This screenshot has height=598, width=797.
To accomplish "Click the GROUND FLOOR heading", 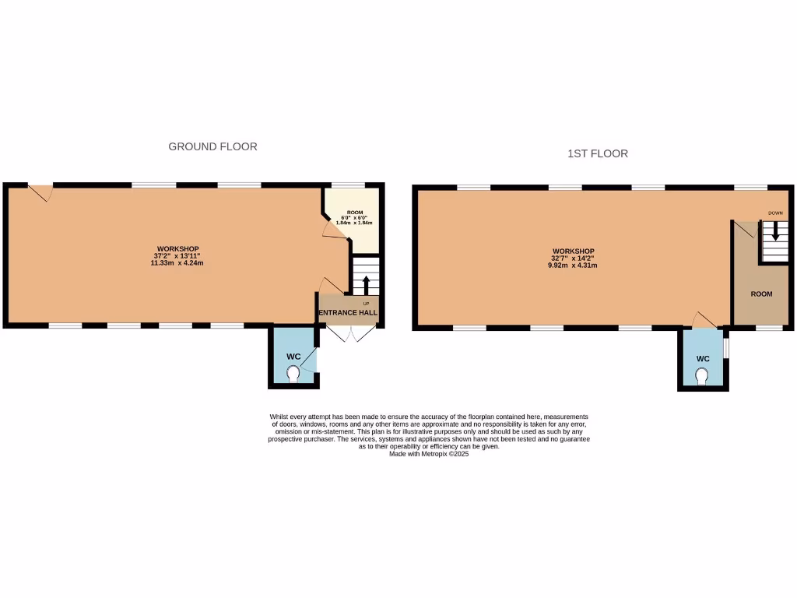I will point(212,146).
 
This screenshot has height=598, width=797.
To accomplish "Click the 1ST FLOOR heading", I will point(598,153).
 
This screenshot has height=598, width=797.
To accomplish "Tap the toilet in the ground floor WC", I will point(293,375).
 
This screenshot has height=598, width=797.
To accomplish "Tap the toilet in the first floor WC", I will point(703,377).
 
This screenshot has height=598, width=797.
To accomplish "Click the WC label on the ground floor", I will point(293,357).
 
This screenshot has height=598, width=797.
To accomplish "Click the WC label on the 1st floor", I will point(703,359).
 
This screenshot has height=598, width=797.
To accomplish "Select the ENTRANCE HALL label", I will point(348,313).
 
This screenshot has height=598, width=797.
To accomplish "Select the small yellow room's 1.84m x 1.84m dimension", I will point(354,223).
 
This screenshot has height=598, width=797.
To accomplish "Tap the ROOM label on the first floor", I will point(761,294).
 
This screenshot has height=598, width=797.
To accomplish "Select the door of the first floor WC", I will point(705,320).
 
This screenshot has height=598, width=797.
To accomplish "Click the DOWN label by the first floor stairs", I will point(775,213).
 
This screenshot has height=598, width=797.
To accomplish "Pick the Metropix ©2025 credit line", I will point(429,454).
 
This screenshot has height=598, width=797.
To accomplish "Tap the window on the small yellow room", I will point(348,185).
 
